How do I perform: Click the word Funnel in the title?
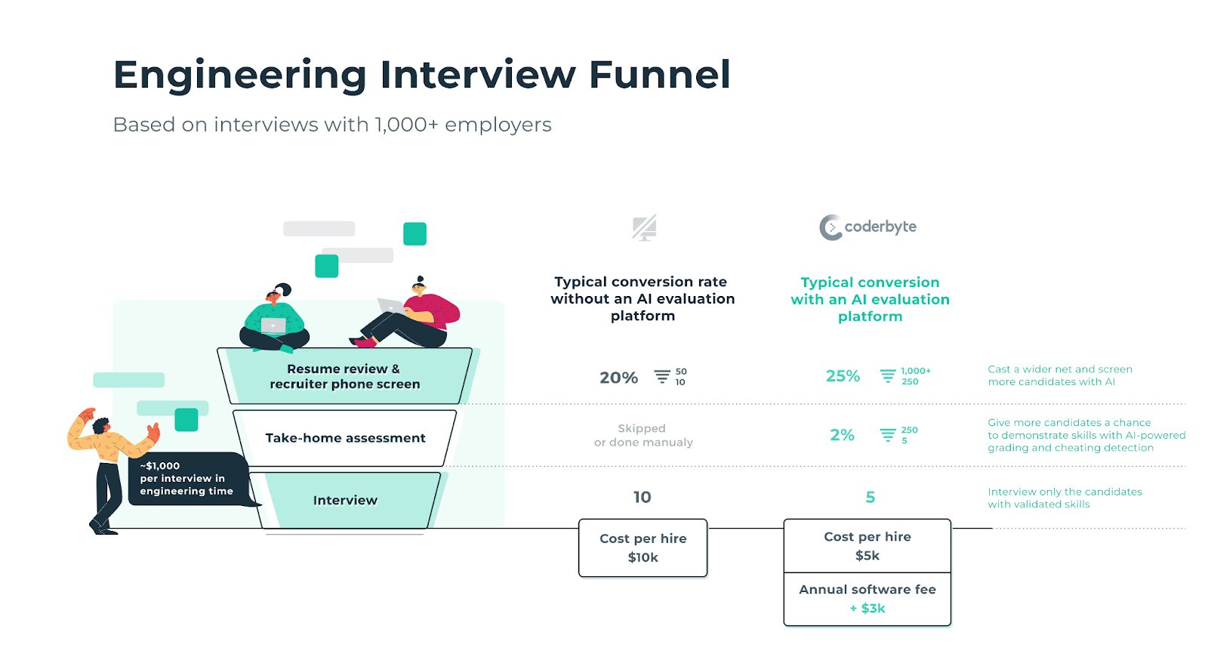(x=659, y=75)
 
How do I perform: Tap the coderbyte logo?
(x=868, y=227)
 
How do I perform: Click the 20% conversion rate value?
(x=618, y=378)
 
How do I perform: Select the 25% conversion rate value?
(x=843, y=376)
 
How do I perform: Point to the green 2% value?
(x=842, y=435)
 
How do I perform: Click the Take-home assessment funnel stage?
(x=345, y=438)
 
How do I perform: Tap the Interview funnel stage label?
(x=345, y=500)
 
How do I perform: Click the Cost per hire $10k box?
(x=643, y=548)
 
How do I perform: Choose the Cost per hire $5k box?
(x=867, y=546)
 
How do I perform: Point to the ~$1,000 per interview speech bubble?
(x=186, y=479)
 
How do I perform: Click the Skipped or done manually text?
(x=643, y=435)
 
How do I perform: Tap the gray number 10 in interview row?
(x=642, y=497)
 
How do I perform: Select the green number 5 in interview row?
(x=870, y=497)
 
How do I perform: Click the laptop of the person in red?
(x=391, y=306)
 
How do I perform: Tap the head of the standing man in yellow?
(x=101, y=426)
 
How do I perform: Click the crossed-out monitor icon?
(x=644, y=228)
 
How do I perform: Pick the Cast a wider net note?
(x=1059, y=375)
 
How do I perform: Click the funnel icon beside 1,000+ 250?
(x=888, y=376)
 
